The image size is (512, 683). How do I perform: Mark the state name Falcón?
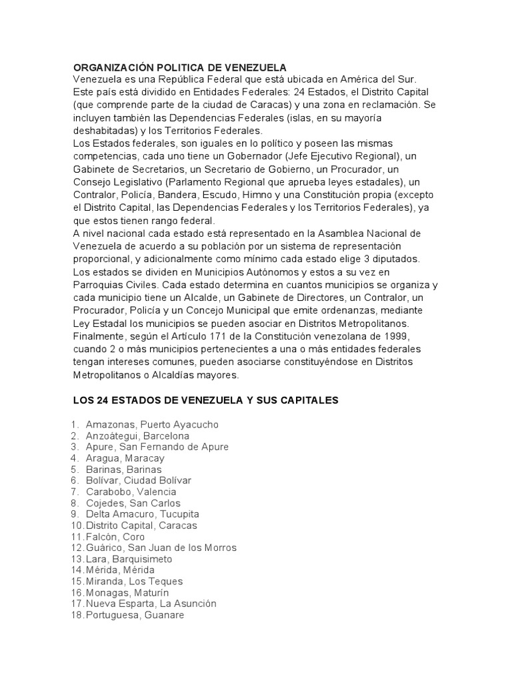[x=100, y=537]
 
